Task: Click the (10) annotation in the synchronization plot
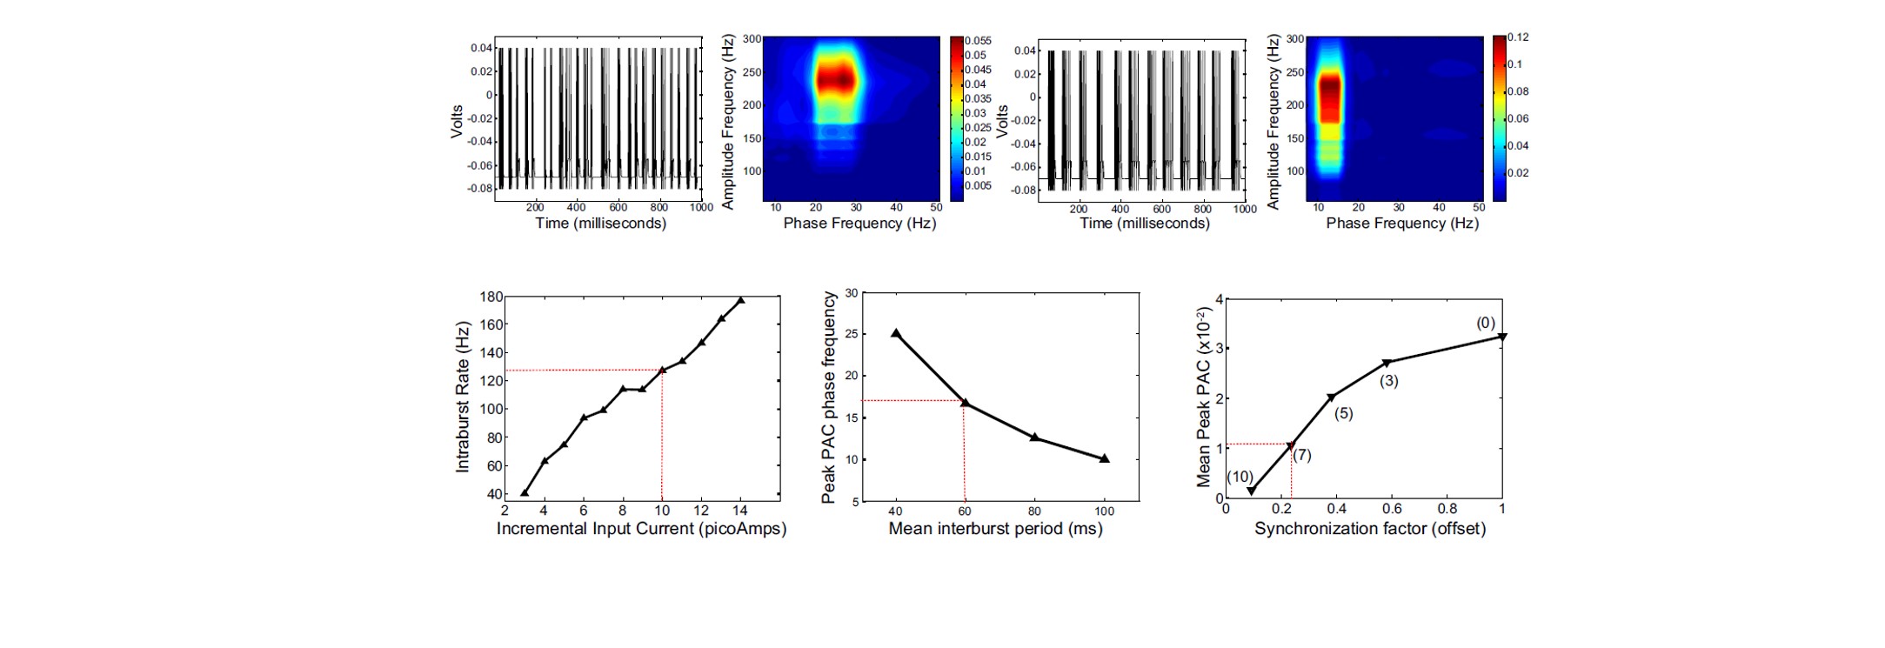pyautogui.click(x=1240, y=477)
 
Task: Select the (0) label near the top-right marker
pyautogui.click(x=1485, y=324)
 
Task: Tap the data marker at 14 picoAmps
pyautogui.click(x=740, y=300)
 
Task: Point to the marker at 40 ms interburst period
pyautogui.click(x=896, y=333)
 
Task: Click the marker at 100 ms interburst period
pyautogui.click(x=1104, y=458)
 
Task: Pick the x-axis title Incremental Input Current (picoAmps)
pyautogui.click(x=641, y=529)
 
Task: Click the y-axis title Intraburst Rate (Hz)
pyautogui.click(x=463, y=397)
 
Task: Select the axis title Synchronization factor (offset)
pyautogui.click(x=1369, y=529)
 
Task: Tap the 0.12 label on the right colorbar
pyautogui.click(x=1518, y=37)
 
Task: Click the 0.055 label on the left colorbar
pyautogui.click(x=978, y=41)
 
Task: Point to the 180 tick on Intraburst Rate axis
pyautogui.click(x=491, y=297)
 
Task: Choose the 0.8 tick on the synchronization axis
pyautogui.click(x=1447, y=509)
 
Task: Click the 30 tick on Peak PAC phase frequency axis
pyautogui.click(x=852, y=293)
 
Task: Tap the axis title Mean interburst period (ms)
pyautogui.click(x=995, y=529)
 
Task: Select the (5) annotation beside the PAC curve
pyautogui.click(x=1344, y=413)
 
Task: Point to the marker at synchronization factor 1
pyautogui.click(x=1501, y=337)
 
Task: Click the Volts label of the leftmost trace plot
pyautogui.click(x=457, y=122)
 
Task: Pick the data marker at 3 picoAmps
pyautogui.click(x=525, y=492)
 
